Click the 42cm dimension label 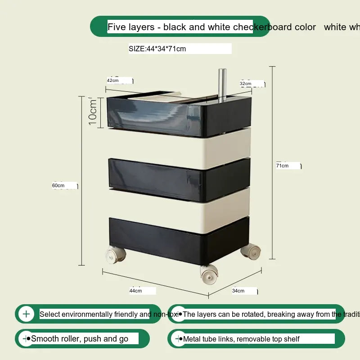[113, 81]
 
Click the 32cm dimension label [245, 84]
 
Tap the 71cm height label [283, 166]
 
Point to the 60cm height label [58, 185]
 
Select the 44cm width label [135, 291]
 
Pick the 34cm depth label [238, 291]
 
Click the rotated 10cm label [93, 112]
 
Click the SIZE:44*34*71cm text [157, 49]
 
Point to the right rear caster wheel [251, 251]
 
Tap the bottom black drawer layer [179, 238]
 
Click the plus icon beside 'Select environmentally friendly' [27, 314]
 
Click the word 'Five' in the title [117, 27]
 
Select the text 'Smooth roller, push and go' [80, 339]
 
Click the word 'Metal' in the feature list [193, 339]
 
